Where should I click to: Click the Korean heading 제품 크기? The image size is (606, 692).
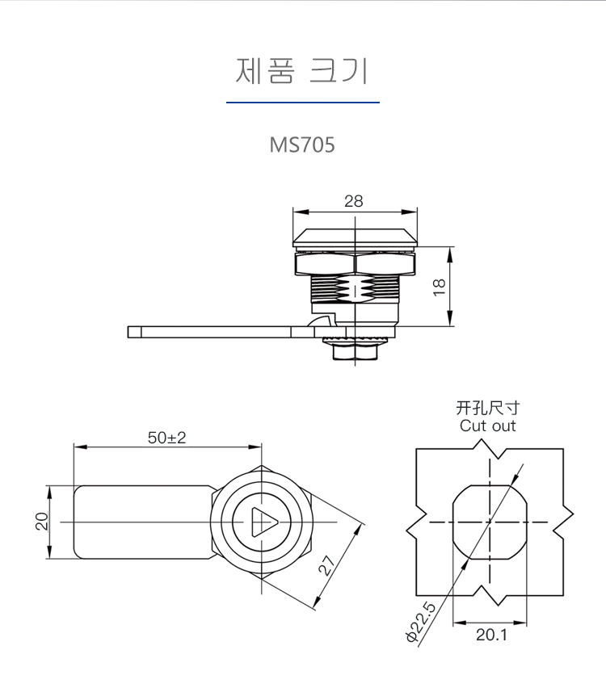click(x=302, y=70)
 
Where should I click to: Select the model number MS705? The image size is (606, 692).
click(x=302, y=145)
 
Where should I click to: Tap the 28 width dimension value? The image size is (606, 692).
click(x=354, y=201)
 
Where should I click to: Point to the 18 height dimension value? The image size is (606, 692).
click(x=440, y=287)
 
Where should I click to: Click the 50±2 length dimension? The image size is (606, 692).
click(x=167, y=438)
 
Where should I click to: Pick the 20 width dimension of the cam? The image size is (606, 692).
click(x=41, y=521)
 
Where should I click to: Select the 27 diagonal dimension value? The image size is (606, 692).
click(x=327, y=565)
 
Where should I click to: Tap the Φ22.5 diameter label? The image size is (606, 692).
click(x=420, y=623)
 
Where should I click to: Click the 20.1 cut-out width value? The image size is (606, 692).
click(x=491, y=635)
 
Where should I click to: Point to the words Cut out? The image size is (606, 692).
click(x=487, y=426)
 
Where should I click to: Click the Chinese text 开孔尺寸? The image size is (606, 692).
click(x=487, y=408)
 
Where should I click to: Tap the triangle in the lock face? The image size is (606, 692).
click(x=264, y=522)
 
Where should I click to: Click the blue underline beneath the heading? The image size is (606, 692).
click(x=303, y=103)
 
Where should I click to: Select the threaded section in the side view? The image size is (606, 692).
click(x=356, y=289)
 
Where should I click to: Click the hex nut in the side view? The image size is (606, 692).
click(x=356, y=263)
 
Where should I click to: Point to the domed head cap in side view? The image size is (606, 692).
click(x=356, y=237)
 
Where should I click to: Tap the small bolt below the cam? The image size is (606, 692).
click(x=356, y=352)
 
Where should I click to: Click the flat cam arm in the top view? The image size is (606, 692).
click(x=145, y=522)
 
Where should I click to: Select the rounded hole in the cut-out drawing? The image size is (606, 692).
click(x=490, y=522)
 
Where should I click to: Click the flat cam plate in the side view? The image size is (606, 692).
click(x=221, y=332)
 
